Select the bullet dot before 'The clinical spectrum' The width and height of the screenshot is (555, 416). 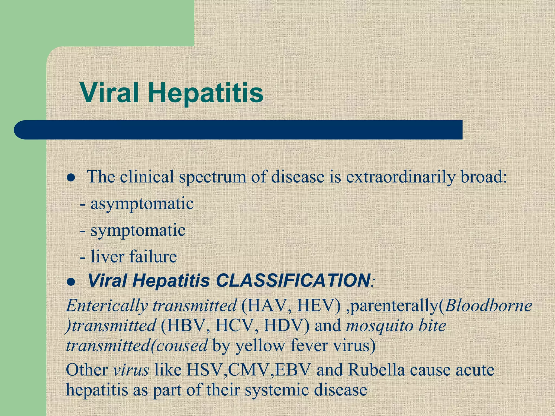tap(71, 178)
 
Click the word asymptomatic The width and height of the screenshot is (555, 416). tap(142, 204)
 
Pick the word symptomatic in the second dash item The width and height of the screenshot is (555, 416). tap(138, 230)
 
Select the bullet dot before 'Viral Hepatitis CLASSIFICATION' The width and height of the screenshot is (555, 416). tap(71, 282)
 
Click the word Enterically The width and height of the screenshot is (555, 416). tap(107, 306)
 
